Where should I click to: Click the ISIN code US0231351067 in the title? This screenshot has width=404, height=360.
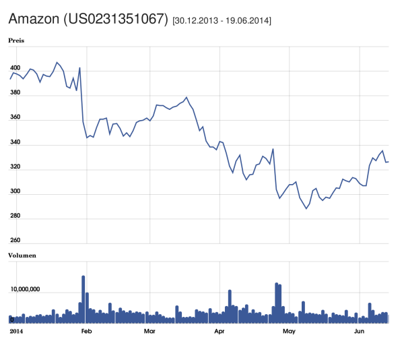point(115,19)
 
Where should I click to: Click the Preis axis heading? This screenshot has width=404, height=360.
point(16,40)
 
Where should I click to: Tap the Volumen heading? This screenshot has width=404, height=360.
point(22,256)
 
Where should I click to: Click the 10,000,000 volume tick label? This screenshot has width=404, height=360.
point(25,289)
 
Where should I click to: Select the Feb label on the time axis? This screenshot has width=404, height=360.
point(86,332)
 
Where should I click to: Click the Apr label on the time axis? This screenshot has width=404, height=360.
point(219,332)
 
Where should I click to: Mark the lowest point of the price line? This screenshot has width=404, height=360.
point(306,209)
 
